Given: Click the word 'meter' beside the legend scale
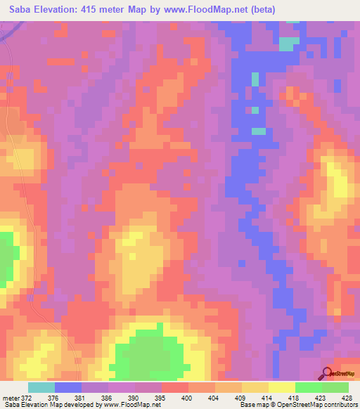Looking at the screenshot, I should (x=10, y=397).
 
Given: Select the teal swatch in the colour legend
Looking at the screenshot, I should (x=41, y=387).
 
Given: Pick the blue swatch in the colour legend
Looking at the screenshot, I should (x=68, y=387).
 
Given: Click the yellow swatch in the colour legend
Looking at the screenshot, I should (x=281, y=387).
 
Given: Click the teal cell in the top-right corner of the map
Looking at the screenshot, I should (x=286, y=43).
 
